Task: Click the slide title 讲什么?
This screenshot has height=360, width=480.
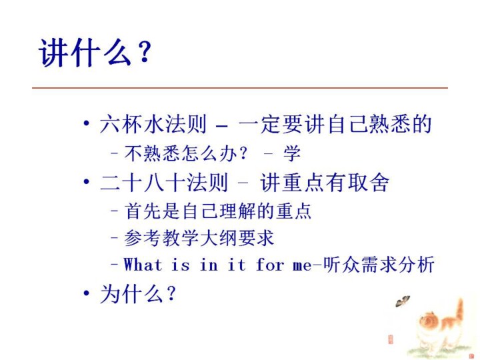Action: [x=95, y=52]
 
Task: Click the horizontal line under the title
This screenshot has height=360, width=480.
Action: [x=240, y=88]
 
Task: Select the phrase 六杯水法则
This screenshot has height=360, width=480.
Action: [x=153, y=124]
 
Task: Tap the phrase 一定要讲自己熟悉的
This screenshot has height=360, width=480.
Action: [x=335, y=124]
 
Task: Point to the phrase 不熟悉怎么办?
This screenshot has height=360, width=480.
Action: [x=185, y=153]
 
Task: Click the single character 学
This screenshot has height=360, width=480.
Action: [x=292, y=153]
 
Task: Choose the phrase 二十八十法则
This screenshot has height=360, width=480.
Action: [x=164, y=183]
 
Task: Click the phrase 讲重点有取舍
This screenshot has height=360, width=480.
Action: [x=325, y=183]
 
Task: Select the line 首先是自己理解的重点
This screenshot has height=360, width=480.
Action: [x=217, y=211]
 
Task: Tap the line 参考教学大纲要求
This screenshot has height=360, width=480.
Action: [x=199, y=238]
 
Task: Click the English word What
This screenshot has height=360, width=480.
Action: [x=143, y=265]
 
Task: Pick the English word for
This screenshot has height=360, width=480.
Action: [x=270, y=265]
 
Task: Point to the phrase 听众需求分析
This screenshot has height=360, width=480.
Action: [x=379, y=264]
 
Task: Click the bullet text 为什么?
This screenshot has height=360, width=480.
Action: [x=138, y=294]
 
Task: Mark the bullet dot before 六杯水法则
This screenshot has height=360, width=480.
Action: [x=87, y=124]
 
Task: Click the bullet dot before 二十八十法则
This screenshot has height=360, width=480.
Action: [x=87, y=182]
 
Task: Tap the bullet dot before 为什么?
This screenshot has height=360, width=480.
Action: [x=87, y=293]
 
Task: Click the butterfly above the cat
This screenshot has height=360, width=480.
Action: [x=403, y=301]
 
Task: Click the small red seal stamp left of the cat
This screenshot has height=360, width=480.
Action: [x=391, y=339]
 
